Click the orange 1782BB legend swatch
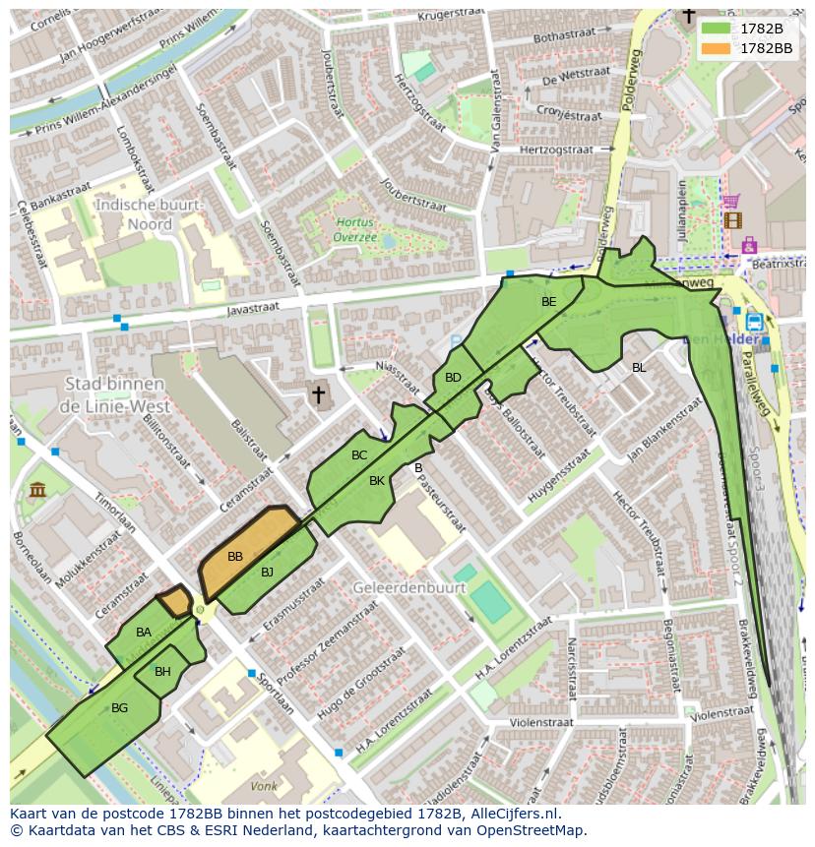coord(717,47)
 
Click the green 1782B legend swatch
coord(717,29)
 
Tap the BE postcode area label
coord(548,302)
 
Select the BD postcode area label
coord(453,378)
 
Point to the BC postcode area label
coord(359,455)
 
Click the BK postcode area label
coord(377,481)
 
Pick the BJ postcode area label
coord(268,572)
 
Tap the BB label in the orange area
coord(235,557)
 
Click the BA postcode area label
coord(144,633)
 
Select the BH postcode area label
coord(162,672)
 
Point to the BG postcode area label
coord(119,708)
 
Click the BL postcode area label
coord(639,368)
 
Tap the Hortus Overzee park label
coord(354,230)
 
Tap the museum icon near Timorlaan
coord(37,489)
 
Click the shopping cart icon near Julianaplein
coord(731,202)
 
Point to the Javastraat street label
coord(253,310)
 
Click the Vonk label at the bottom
coord(263,787)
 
